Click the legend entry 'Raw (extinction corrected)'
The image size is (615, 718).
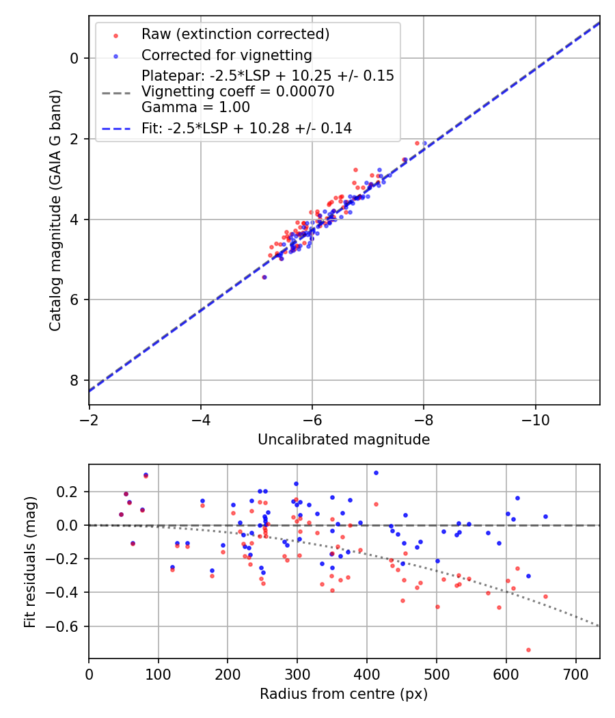[x=235, y=34]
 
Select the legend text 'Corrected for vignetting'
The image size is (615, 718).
[x=226, y=55]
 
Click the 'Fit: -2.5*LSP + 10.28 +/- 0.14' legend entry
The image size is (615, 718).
[x=247, y=128]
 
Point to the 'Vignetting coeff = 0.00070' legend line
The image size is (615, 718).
[x=238, y=92]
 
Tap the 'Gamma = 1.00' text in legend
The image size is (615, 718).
[x=195, y=107]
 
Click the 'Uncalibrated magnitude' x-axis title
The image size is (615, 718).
[x=344, y=440]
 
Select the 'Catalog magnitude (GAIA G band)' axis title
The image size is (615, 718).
[x=56, y=211]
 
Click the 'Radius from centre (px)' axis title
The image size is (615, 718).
[x=344, y=694]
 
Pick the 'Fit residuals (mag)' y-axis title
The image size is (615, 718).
[x=30, y=561]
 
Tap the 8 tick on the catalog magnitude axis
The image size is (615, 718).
[x=74, y=380]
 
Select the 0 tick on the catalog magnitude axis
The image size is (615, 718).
[x=74, y=59]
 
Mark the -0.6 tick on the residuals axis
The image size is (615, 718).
[x=67, y=626]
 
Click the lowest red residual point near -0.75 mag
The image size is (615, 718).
[x=528, y=650]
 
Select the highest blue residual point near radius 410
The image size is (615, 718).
[x=376, y=473]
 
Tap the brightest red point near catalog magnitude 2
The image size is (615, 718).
[x=417, y=143]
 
